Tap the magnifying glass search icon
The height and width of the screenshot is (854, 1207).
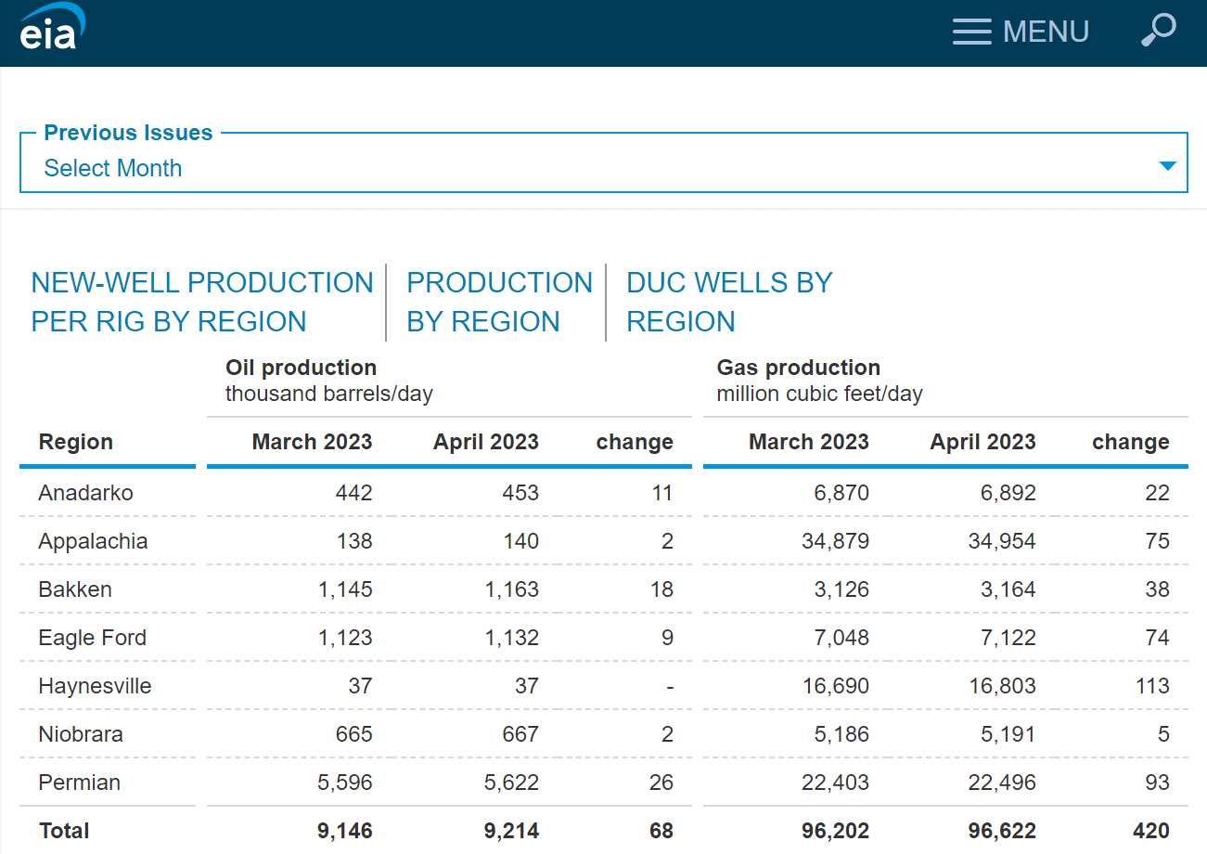coord(1158,30)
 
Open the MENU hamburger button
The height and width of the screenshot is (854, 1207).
coord(1021,32)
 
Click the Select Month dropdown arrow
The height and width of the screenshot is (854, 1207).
coord(1167,166)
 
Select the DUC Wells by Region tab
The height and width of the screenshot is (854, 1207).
coord(729,302)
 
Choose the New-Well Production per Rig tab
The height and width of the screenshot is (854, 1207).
coord(202,302)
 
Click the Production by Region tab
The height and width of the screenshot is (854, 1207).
coord(499,302)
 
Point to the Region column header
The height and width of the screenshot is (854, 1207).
coord(76,442)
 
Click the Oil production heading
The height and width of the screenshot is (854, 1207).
coord(301,368)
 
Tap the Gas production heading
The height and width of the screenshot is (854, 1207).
coord(798,368)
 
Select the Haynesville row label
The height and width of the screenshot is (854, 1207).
coord(95,686)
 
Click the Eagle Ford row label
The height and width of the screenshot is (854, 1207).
coord(92,638)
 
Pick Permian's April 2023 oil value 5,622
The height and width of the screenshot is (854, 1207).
coord(511,783)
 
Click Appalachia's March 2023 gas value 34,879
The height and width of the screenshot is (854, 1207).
coord(835,541)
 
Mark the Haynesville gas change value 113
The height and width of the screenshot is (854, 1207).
coord(1152,686)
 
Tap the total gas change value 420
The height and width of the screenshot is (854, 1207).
coord(1150,831)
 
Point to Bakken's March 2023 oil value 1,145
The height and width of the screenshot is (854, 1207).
coord(345,589)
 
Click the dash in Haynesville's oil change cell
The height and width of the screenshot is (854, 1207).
coord(669,687)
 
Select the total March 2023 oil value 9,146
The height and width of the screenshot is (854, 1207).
coord(344,831)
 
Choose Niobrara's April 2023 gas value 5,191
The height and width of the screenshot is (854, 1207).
coord(1008,734)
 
